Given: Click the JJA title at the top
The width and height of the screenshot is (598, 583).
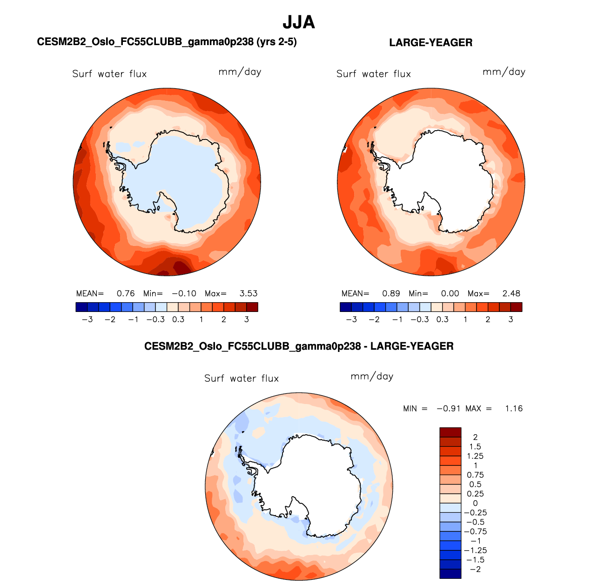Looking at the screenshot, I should (299, 22).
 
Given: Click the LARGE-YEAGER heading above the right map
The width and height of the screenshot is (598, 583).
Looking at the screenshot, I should (430, 43).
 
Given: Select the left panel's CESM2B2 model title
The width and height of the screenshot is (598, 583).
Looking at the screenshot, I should (167, 42).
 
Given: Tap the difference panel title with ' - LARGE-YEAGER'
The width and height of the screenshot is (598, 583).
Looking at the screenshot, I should (299, 346).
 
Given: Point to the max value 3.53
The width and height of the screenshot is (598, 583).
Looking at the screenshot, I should (249, 294).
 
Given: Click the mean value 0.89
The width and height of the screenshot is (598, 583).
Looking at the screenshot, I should (391, 294).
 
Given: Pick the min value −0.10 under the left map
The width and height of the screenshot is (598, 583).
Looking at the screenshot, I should (184, 294).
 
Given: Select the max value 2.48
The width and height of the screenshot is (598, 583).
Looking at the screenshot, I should (511, 294).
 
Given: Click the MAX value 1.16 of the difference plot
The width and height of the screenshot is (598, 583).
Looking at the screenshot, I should (514, 409).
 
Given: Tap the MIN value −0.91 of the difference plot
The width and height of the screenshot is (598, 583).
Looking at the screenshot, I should (448, 409).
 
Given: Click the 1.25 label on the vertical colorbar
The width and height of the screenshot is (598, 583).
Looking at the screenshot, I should (475, 456).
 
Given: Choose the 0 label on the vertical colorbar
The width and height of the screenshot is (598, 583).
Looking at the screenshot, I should (475, 503).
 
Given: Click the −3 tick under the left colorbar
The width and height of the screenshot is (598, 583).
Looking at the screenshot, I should (87, 319).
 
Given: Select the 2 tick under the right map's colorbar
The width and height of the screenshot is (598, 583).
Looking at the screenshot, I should (488, 319).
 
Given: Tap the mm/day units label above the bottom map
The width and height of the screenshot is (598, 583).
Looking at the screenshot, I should (372, 376).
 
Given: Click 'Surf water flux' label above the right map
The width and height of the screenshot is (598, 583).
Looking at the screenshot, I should (374, 74).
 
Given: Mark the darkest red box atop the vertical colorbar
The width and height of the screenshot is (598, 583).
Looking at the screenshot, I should (450, 432).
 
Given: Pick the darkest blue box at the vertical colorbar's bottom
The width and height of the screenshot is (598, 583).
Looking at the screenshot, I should (450, 574).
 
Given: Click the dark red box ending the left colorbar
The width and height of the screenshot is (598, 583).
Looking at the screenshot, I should (252, 307).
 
